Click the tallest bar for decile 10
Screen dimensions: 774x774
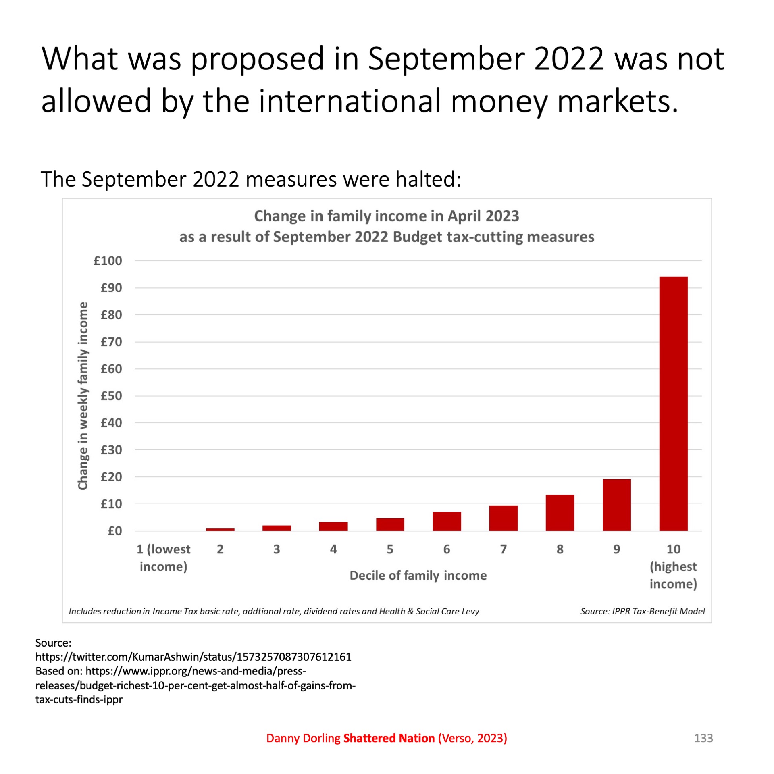tap(673, 403)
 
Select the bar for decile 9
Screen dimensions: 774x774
tap(616, 505)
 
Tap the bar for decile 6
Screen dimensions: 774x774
tap(447, 521)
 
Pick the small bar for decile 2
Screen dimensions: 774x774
tap(220, 529)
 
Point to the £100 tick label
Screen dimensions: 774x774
tap(108, 261)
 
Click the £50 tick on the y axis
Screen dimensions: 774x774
tap(111, 396)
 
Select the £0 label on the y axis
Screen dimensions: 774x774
tap(115, 531)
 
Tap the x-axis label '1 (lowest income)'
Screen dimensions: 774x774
tap(163, 558)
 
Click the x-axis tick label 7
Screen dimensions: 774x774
tap(503, 549)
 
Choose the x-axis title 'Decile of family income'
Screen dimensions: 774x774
tap(418, 575)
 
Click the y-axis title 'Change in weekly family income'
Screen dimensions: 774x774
tap(83, 396)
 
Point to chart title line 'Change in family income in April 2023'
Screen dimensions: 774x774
tap(386, 216)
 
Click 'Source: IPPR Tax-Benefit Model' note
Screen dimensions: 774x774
tap(643, 611)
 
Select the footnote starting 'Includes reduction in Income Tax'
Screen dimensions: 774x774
tap(274, 611)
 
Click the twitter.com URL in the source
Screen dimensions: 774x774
tap(193, 657)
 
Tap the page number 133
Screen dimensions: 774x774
tap(703, 738)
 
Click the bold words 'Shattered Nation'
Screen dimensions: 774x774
tap(389, 738)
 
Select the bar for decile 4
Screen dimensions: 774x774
tap(333, 526)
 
